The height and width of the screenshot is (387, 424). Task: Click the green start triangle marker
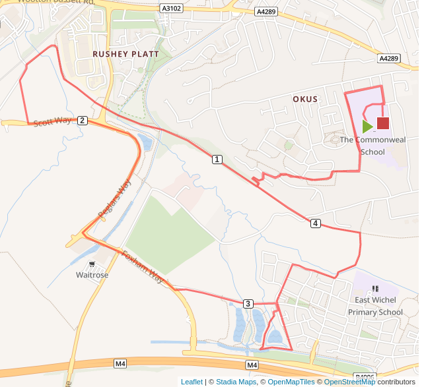pos(367,127)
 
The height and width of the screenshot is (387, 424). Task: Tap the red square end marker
pos(383,123)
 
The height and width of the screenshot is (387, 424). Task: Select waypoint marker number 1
pos(217,160)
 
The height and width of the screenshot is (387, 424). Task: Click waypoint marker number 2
pos(82,120)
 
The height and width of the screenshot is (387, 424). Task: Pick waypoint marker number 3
pos(248,303)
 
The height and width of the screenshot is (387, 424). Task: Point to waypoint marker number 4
pos(316,223)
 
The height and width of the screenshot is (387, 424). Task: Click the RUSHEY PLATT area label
pos(125,54)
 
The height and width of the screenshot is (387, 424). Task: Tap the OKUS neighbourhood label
pos(305,100)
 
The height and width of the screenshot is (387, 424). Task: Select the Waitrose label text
pos(92,275)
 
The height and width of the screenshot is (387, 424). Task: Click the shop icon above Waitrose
pos(92,264)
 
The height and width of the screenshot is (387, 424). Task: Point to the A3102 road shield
pos(170,9)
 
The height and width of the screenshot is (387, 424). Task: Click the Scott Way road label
pos(52,122)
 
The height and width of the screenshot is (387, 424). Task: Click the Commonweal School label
pos(372,146)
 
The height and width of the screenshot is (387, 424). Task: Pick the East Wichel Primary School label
pos(378,306)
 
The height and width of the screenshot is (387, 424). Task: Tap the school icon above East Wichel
pos(376,289)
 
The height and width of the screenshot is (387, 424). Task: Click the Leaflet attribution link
pos(192,382)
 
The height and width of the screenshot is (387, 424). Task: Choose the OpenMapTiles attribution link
pos(289,382)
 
